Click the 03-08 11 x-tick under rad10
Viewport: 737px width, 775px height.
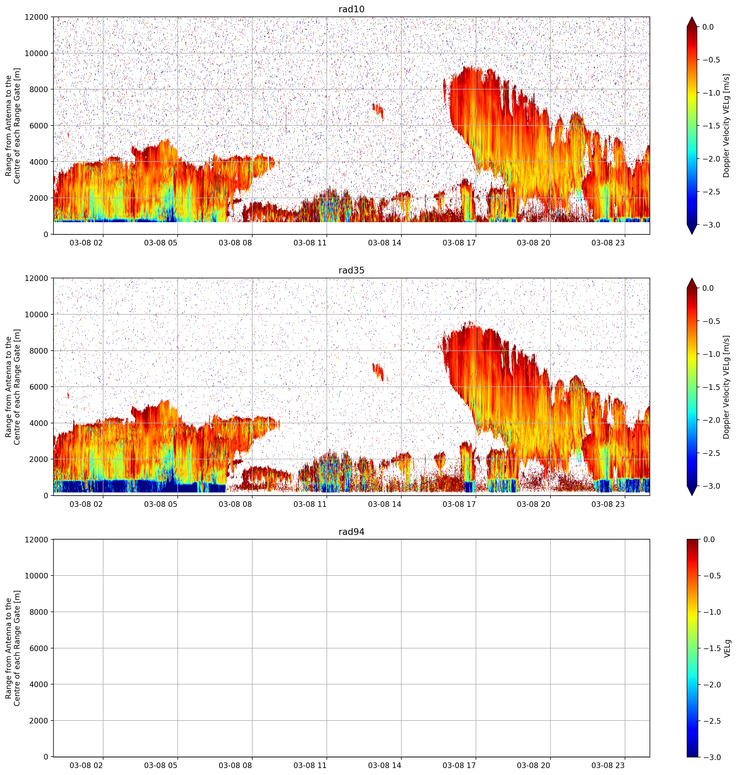pos(310,243)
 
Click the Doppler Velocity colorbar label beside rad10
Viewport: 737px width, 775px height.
pos(727,126)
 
